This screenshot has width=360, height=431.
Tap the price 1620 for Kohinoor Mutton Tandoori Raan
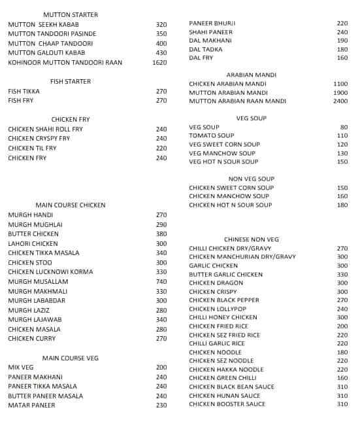pos(159,63)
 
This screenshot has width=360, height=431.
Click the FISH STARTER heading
pos(71,82)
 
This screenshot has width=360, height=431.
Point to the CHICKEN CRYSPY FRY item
pos(39,139)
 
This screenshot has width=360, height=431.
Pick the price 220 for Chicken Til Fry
pos(161,148)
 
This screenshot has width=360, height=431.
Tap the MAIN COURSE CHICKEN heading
pos(70,205)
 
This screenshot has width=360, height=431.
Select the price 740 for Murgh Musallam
pos(161,281)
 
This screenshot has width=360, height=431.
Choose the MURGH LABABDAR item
pos(37,301)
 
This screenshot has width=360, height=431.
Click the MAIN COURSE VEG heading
pos(71,358)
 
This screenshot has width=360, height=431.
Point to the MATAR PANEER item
pos(31,405)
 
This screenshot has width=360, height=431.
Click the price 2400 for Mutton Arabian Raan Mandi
pos(340,101)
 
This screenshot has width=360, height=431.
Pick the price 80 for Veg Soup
pos(344,127)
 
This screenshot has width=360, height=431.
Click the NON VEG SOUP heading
pos(251,179)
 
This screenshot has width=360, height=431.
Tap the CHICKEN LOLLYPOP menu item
pos(218,309)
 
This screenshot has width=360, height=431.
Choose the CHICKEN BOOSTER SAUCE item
pos(227,404)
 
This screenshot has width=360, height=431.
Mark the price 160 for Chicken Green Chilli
pos(342,378)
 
